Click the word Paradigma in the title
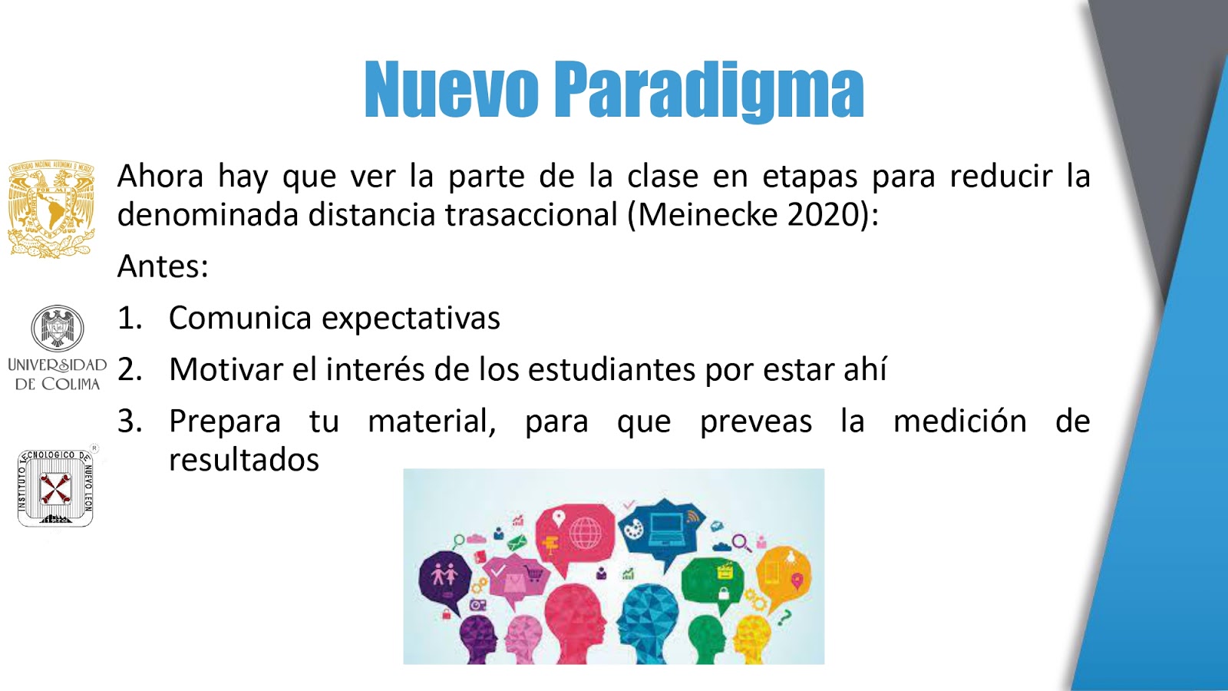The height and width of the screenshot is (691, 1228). [709, 91]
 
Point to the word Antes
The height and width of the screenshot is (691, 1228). [163, 266]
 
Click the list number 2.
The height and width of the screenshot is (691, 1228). [130, 369]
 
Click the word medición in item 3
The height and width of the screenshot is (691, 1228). [960, 421]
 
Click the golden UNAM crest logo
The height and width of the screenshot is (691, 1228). [51, 209]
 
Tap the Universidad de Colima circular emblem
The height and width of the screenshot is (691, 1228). [58, 328]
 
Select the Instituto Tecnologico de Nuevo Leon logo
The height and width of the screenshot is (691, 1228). [56, 488]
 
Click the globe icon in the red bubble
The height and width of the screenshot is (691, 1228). [585, 533]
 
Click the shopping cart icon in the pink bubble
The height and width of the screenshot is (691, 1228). [535, 573]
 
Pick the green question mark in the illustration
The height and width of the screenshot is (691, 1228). [784, 617]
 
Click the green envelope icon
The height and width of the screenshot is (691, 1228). [517, 543]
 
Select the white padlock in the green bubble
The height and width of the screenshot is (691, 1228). [724, 593]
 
